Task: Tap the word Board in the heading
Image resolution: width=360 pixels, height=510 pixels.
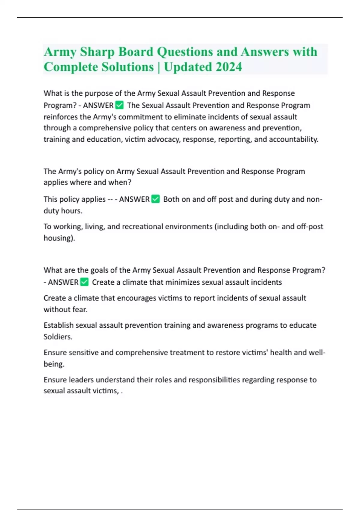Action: [x=136, y=52]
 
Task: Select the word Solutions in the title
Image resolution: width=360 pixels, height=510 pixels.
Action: [x=128, y=67]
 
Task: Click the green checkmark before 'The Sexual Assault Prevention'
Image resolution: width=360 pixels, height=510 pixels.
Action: [x=119, y=105]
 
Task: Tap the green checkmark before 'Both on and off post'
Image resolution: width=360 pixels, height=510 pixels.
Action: [x=155, y=199]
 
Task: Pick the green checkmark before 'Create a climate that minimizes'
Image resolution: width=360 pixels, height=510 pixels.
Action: [x=84, y=282]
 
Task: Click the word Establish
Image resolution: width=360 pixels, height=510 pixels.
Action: [x=58, y=325]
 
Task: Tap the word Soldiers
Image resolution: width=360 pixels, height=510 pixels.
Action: [x=58, y=337]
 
